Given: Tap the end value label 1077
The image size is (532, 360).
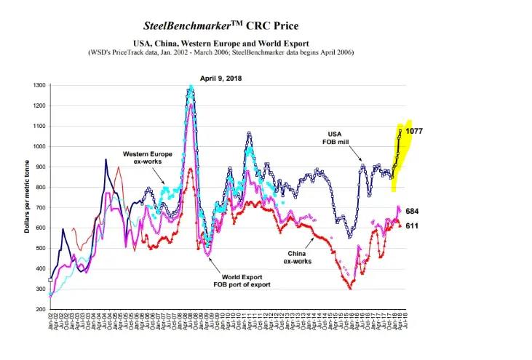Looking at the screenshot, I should pos(414,131).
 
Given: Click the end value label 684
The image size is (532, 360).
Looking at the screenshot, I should pos(411,211).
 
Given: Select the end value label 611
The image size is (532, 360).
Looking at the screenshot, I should pos(411,225).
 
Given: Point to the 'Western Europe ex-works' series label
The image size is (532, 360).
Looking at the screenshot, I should pos(147,159).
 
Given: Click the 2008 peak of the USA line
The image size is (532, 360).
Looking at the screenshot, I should pos(191,88).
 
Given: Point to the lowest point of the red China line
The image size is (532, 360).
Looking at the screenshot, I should pos(350,289).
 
